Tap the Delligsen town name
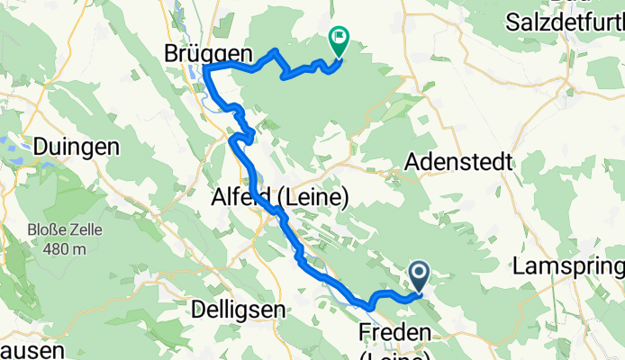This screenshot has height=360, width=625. point(239,309)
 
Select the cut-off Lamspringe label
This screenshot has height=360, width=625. point(567,266)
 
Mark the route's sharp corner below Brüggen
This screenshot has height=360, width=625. point(206,68)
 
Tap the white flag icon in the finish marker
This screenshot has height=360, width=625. point(340,39)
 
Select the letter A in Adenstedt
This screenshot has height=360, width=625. point(412,162)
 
